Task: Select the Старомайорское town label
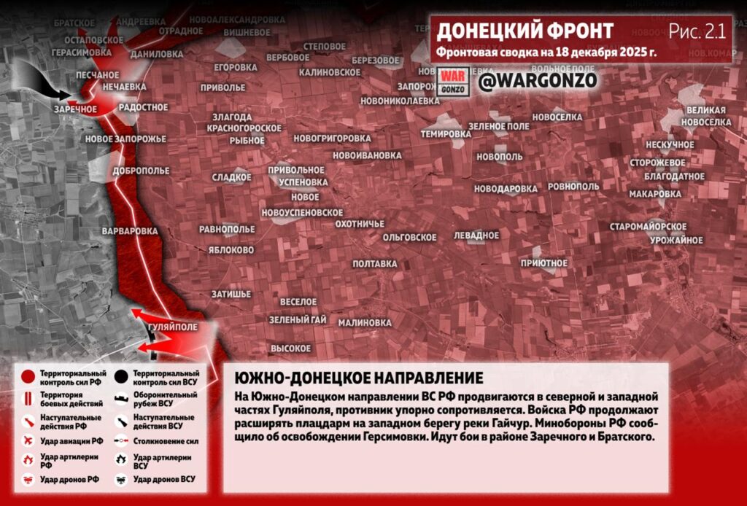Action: [x=648, y=227]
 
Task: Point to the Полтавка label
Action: [x=374, y=263]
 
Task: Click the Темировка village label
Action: [x=446, y=134]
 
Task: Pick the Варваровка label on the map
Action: [x=131, y=231]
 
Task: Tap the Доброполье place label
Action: [x=141, y=171]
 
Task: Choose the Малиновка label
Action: [x=365, y=322]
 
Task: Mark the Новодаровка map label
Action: [x=506, y=188]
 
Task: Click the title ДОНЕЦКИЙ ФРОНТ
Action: [x=525, y=31]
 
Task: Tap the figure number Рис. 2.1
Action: [x=697, y=31]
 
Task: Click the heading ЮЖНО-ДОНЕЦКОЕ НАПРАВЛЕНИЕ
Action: [x=359, y=378]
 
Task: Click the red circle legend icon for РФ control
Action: [x=28, y=377]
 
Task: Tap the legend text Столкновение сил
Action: [x=166, y=441]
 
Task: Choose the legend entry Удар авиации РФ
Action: [x=71, y=441]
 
